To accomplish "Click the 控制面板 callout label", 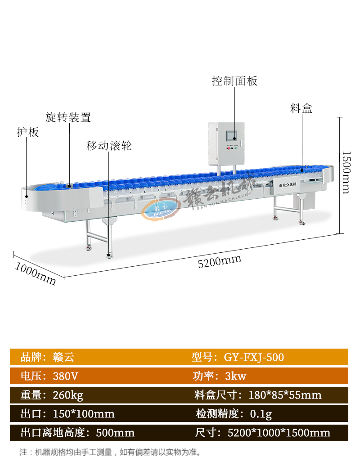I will pyautogui.click(x=234, y=81).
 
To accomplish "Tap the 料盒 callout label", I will pyautogui.click(x=301, y=108).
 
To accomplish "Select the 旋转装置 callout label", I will pyautogui.click(x=68, y=118).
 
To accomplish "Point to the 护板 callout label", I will pyautogui.click(x=28, y=132).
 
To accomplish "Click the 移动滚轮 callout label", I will pyautogui.click(x=109, y=146).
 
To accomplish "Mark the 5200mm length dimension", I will pyautogui.click(x=220, y=260).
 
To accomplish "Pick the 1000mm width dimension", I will pyautogui.click(x=36, y=273).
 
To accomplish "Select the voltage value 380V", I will pyautogui.click(x=66, y=376).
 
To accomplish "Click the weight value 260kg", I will pyautogui.click(x=68, y=395).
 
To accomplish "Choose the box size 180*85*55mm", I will pyautogui.click(x=285, y=395).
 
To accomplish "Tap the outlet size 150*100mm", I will pyautogui.click(x=84, y=414).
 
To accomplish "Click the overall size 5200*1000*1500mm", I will pyautogui.click(x=279, y=433).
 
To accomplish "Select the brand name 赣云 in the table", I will pyautogui.click(x=63, y=358).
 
